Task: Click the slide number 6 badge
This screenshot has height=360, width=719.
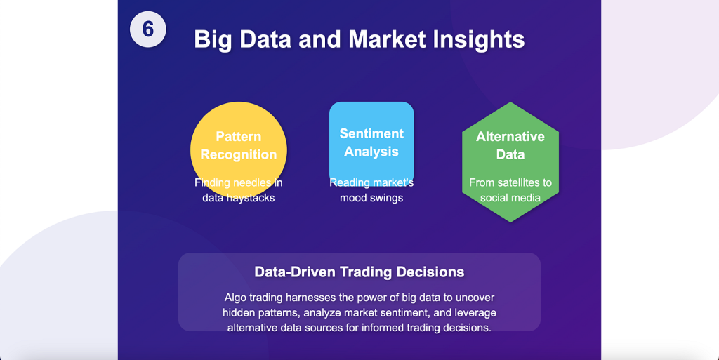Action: (147, 29)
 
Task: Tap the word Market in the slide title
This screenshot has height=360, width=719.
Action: (388, 39)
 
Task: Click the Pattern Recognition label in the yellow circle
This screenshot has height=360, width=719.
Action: (239, 145)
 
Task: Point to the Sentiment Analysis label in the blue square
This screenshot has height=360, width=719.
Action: (371, 142)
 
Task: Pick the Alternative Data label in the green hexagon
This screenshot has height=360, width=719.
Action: (510, 145)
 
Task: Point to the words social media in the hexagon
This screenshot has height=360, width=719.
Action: (510, 198)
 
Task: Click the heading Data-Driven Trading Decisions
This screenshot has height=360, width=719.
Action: (359, 272)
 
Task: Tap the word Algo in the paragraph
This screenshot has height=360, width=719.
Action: (235, 298)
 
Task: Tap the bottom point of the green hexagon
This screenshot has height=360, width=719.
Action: (510, 222)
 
